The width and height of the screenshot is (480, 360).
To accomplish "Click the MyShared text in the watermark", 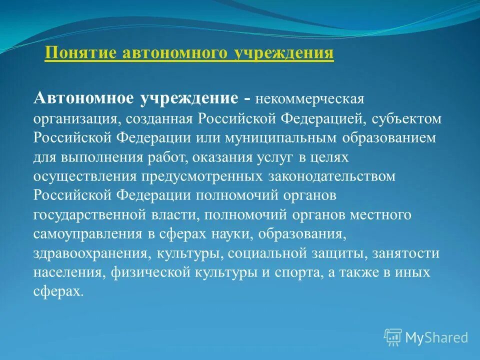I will tap(436, 337).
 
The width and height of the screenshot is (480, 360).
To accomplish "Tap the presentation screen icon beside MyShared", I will tap(393, 337).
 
